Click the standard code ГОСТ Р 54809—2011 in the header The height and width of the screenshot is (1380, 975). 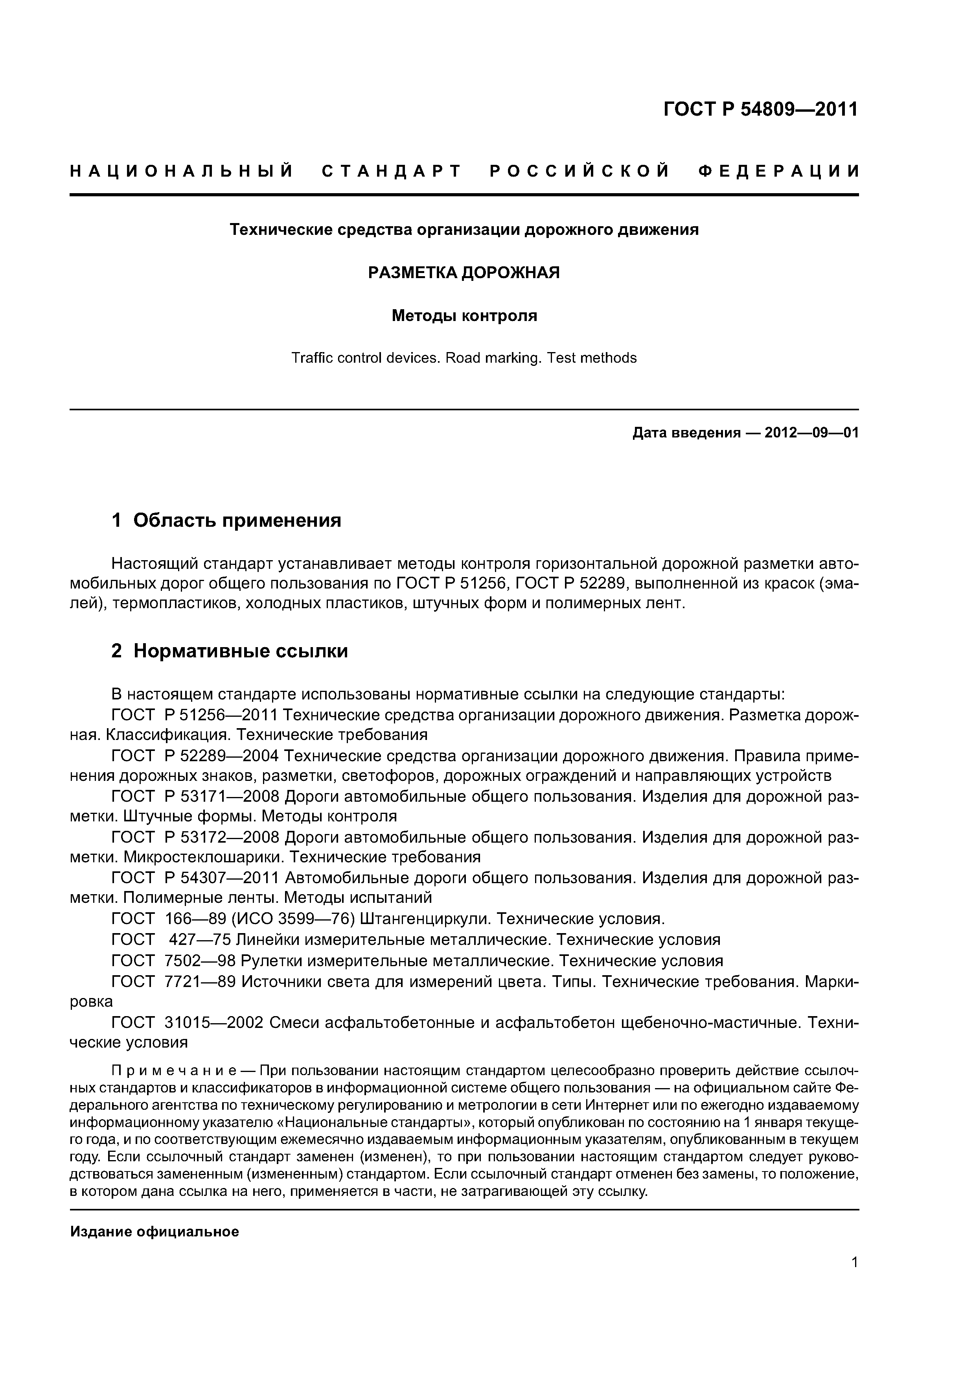tap(760, 109)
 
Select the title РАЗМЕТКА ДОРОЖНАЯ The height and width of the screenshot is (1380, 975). tap(464, 273)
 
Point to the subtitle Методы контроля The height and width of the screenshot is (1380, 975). tap(464, 315)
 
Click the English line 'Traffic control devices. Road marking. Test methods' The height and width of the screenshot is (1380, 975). tap(464, 358)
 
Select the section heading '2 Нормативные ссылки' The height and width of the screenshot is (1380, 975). tap(230, 651)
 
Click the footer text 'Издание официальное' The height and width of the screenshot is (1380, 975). tap(155, 1232)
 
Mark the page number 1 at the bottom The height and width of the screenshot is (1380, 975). tap(854, 1279)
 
